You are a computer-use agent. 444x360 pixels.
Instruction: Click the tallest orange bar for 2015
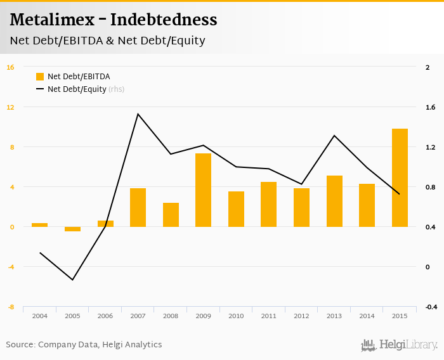click(400, 177)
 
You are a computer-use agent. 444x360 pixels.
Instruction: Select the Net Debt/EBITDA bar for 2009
click(203, 190)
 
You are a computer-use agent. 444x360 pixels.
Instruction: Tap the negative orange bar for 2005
click(72, 229)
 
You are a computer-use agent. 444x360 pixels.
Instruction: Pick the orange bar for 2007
click(138, 207)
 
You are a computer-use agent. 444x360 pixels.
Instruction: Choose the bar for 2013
click(334, 201)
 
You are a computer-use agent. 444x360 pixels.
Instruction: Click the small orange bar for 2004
click(39, 224)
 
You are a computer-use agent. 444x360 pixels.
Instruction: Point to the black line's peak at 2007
click(138, 114)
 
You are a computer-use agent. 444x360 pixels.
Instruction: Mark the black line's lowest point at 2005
click(72, 280)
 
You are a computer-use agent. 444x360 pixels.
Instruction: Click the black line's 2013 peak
click(334, 136)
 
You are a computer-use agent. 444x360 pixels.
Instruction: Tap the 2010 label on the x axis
click(236, 316)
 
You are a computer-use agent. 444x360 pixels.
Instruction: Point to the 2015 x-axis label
click(400, 316)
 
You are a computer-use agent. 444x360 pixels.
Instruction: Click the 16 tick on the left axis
click(10, 67)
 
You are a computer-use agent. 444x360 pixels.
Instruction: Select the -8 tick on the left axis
click(10, 307)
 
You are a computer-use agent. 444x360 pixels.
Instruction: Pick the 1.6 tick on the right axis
click(430, 107)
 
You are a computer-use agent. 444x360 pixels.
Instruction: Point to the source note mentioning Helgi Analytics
click(84, 345)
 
